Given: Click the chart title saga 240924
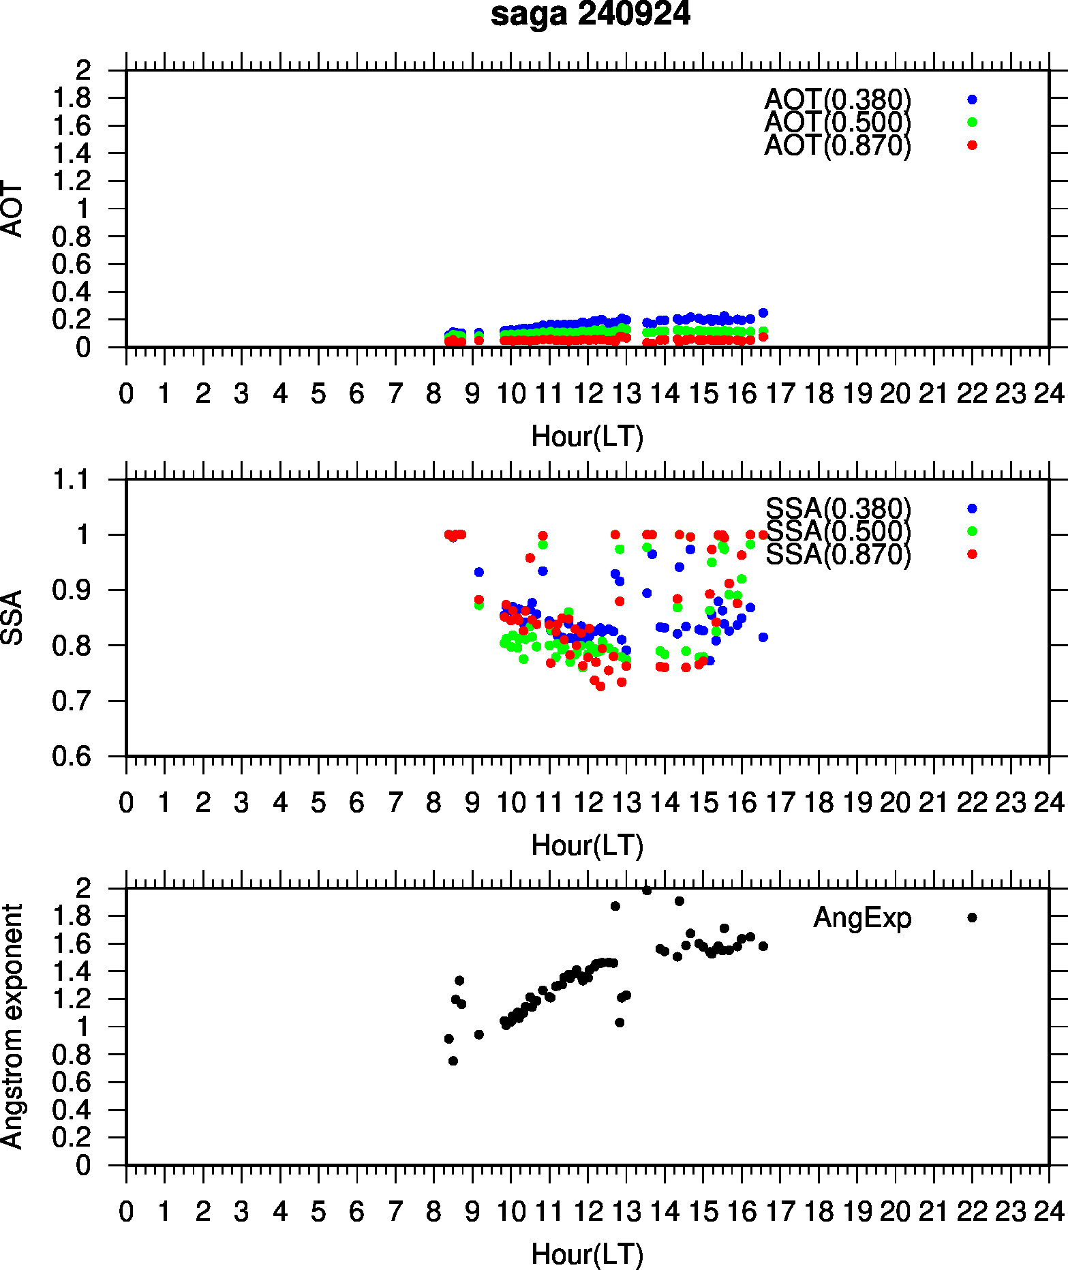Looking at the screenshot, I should (590, 15).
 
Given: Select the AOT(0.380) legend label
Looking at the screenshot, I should (838, 100).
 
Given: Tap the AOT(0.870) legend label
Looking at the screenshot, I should (838, 145).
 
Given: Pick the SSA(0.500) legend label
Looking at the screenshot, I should (838, 531).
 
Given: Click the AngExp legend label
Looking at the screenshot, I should (862, 918).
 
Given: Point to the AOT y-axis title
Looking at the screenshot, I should (12, 209).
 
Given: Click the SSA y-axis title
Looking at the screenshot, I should (12, 618).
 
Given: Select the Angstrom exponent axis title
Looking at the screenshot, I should (12, 1027).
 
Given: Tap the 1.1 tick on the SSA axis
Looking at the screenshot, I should (71, 480).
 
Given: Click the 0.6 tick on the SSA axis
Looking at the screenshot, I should (71, 756).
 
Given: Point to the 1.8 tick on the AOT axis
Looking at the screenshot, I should (71, 98).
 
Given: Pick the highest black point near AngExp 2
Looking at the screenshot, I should (647, 890).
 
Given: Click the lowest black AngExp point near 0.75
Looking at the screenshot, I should (453, 1061).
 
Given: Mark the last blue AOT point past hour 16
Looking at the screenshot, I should (763, 313).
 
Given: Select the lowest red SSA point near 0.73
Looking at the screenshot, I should (600, 686).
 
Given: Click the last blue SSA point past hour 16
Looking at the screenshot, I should (763, 637).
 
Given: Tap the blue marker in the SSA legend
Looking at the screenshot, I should (972, 509).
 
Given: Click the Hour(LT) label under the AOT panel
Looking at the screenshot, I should (587, 436).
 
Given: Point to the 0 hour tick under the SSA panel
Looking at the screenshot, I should (126, 802).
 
